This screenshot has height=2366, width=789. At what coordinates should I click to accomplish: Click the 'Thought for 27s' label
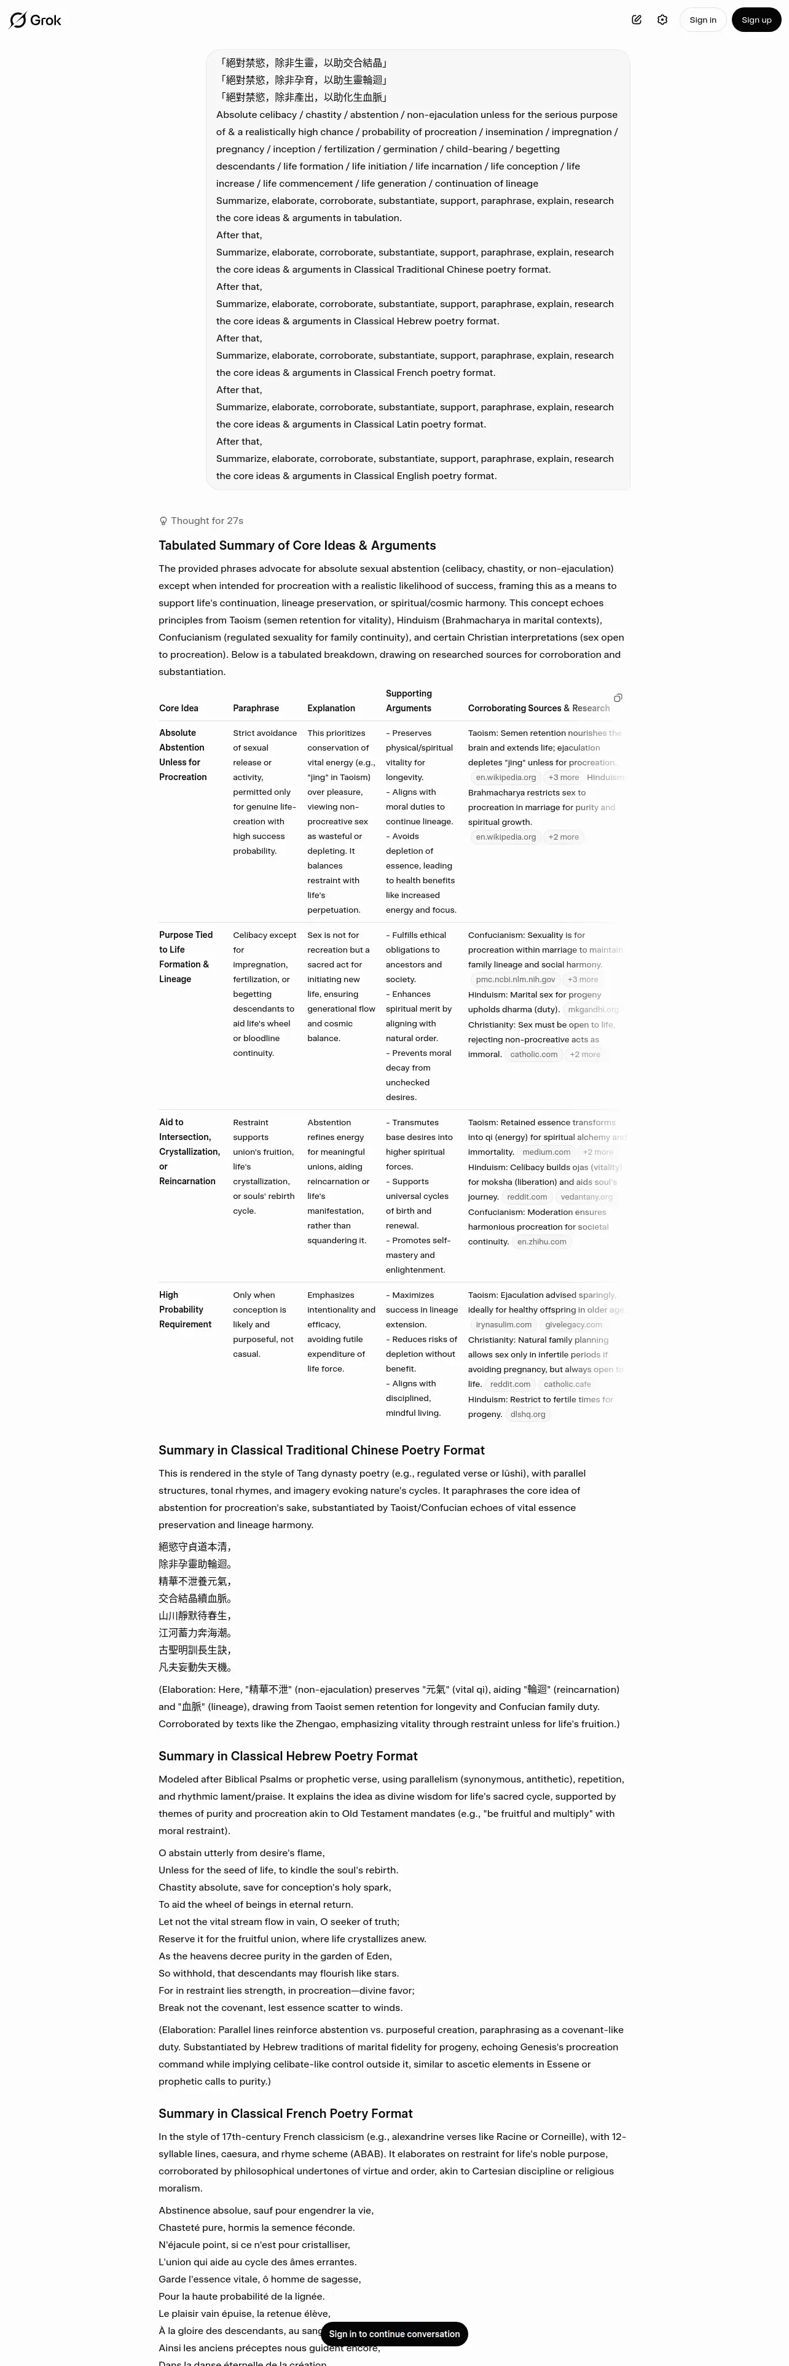206,521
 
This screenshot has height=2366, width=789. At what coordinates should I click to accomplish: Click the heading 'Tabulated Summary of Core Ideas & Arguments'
297,545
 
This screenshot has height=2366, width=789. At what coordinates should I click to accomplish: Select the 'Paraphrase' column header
256,708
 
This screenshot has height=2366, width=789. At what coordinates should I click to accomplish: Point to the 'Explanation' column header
331,708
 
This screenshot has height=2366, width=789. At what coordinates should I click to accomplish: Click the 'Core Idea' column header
178,708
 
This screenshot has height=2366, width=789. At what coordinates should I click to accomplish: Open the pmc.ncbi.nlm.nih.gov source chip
516,980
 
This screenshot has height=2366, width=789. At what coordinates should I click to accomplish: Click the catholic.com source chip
533,1055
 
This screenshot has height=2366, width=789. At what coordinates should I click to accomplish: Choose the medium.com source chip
546,1152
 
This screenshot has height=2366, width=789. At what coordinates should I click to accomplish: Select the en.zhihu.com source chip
541,1242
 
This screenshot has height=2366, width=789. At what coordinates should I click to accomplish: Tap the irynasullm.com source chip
503,1324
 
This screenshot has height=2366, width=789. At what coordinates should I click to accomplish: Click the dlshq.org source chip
527,1415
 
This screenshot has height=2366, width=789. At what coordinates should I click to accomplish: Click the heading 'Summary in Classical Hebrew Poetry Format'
288,1756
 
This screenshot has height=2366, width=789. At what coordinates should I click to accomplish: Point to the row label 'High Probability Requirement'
184,1310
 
